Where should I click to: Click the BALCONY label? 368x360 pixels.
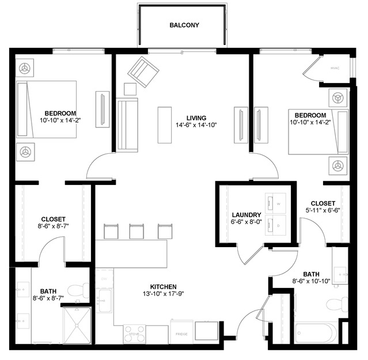coord(184,25)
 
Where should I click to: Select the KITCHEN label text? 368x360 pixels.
coord(164,286)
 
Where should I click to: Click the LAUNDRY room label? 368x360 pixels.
coord(247,215)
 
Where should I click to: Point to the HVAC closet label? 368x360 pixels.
coord(335,68)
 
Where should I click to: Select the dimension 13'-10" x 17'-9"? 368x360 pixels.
coord(164,294)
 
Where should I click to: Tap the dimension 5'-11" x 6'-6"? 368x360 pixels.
coord(323,211)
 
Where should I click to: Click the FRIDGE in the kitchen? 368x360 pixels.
coord(181,332)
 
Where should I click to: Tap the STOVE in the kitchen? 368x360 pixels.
coord(135,333)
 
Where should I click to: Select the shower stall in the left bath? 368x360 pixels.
coord(77,325)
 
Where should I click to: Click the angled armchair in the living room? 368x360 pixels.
coord(143,71)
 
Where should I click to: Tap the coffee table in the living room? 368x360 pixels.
coord(165,124)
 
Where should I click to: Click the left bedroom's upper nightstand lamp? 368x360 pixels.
coord(25,68)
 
